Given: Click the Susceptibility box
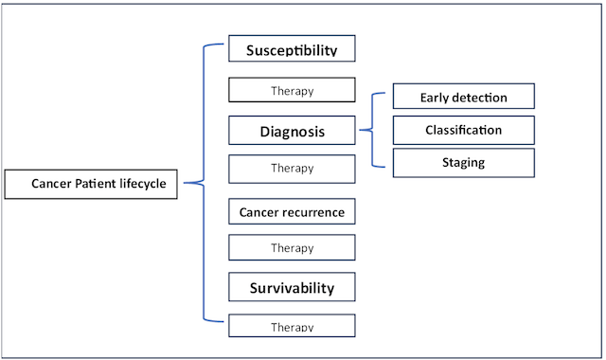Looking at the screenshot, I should [x=292, y=50].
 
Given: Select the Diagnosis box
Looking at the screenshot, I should [x=292, y=132].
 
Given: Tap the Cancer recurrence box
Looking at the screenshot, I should [x=292, y=211].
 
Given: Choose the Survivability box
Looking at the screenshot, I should [x=292, y=286].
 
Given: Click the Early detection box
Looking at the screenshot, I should [x=463, y=98].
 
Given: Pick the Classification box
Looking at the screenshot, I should [x=463, y=130].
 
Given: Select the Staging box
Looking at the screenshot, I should [x=463, y=162].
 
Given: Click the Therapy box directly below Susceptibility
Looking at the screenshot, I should [x=292, y=91].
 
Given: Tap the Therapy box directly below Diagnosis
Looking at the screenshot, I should [x=292, y=168].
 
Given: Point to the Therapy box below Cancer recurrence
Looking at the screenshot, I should [x=292, y=247].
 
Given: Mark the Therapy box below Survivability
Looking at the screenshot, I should [x=292, y=326].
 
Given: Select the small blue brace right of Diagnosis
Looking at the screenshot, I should [x=371, y=130].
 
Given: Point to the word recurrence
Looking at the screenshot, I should [x=312, y=211].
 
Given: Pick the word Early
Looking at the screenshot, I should [x=434, y=98].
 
